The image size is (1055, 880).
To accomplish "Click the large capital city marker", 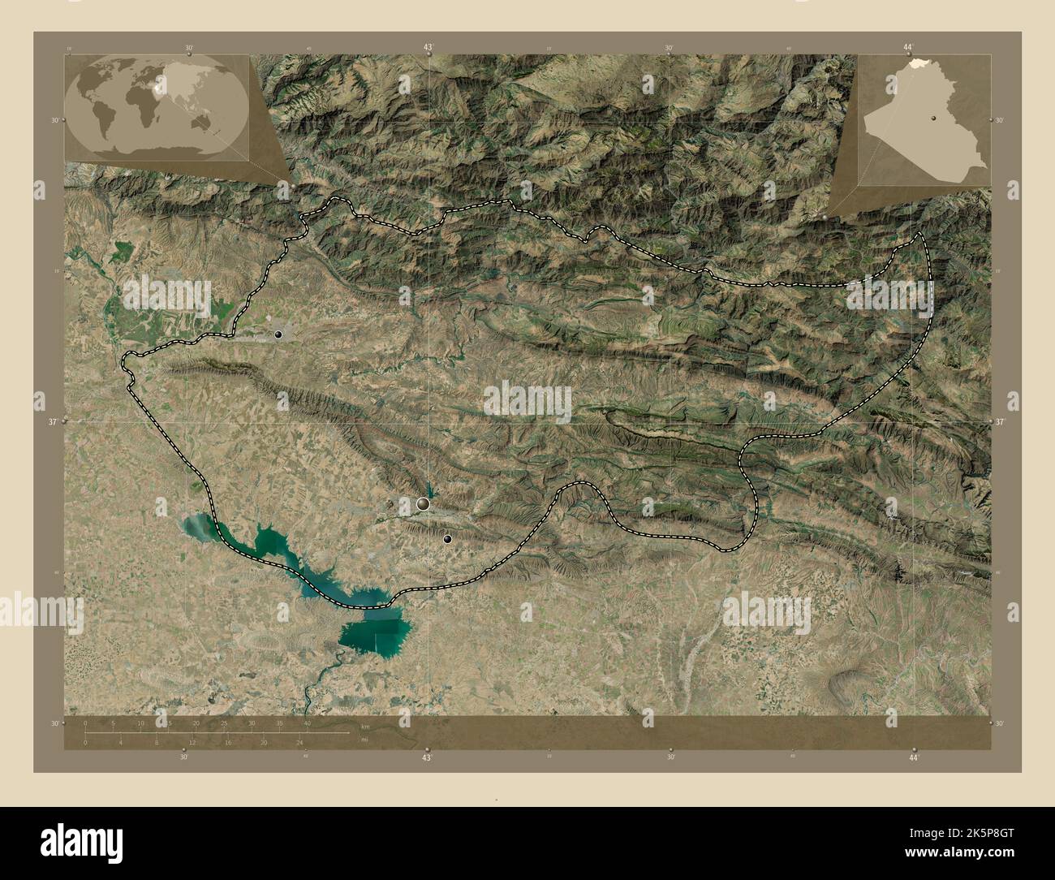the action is (423, 505).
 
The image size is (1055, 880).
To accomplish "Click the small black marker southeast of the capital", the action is (447, 538).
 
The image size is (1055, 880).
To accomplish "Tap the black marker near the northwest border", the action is (278, 334).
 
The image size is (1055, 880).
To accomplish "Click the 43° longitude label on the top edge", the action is (428, 48).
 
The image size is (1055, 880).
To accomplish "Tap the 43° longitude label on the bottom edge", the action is (427, 757).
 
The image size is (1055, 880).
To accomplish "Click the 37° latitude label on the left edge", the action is (54, 422).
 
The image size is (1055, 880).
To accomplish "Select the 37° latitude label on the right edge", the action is (1000, 422).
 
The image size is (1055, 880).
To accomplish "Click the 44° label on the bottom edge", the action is (914, 757).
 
